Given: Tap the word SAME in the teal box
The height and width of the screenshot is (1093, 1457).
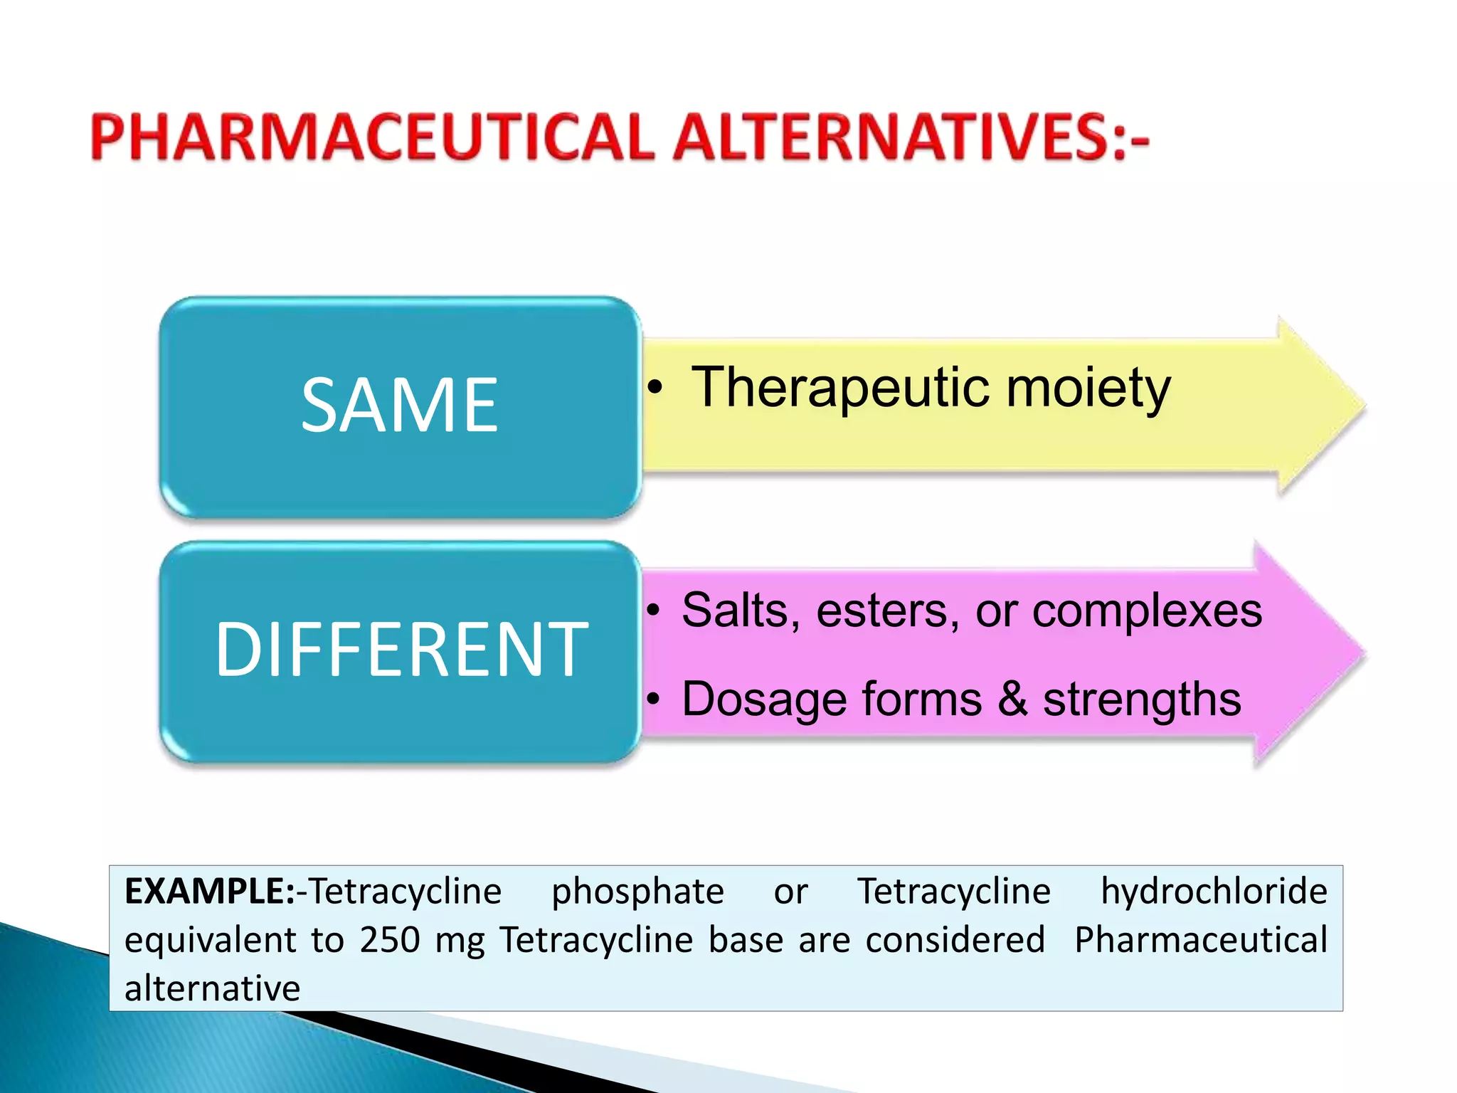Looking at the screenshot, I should click(400, 406).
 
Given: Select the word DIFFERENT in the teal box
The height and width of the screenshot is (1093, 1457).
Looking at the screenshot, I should click(402, 649).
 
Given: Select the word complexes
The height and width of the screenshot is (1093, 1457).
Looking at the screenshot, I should click(1147, 611).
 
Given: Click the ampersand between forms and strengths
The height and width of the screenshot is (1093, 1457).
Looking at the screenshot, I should click(1012, 699).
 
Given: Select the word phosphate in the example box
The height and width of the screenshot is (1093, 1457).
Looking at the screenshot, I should click(638, 892).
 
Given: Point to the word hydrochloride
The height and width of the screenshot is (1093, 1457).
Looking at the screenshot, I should click(1214, 892).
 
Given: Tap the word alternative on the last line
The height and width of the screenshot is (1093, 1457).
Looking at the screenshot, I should click(212, 988).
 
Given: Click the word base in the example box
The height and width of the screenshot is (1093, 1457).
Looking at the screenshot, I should click(744, 940).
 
